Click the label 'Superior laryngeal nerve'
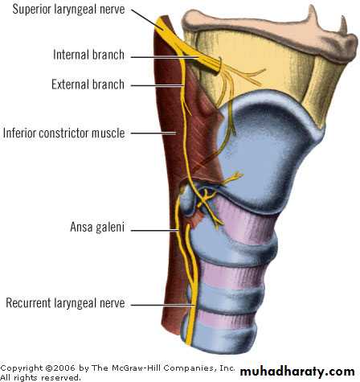click(68, 10)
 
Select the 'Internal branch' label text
click(88, 55)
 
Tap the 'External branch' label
click(88, 84)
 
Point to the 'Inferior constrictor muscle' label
click(64, 133)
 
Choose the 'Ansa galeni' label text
click(97, 228)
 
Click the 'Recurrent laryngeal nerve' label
click(65, 303)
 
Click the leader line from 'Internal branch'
click(166, 57)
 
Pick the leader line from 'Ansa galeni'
click(154, 230)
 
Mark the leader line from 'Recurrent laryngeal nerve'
click(163, 305)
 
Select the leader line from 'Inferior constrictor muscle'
click(153, 133)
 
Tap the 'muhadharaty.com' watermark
click(297, 372)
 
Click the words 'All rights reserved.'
click(40, 377)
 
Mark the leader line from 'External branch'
click(157, 86)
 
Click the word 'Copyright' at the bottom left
click(22, 368)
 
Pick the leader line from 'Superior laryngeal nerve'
click(147, 18)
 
